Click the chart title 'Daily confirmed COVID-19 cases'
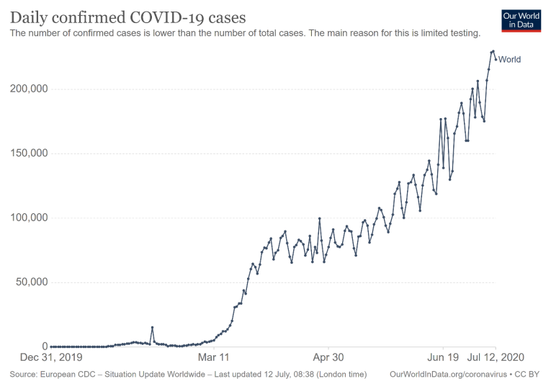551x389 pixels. click(127, 16)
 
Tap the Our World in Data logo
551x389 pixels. click(521, 19)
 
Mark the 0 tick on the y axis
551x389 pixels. click(45, 346)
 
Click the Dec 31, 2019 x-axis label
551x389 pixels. click(51, 357)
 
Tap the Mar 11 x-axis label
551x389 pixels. click(215, 357)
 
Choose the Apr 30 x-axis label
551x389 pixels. click(328, 357)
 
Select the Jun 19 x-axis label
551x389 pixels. click(443, 357)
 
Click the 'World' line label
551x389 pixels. click(509, 60)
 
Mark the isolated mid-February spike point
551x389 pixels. click(152, 327)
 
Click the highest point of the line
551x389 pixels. click(493, 51)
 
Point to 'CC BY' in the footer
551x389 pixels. click(528, 375)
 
